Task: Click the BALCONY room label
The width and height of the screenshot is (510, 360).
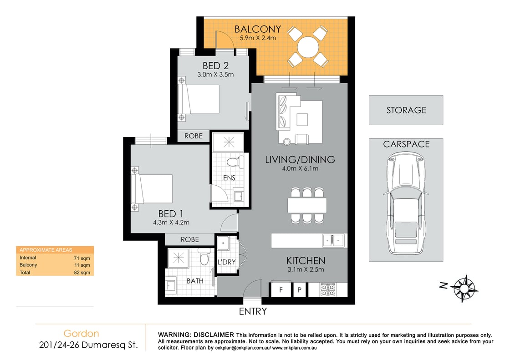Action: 258,30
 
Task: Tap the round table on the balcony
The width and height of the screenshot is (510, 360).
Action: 308,46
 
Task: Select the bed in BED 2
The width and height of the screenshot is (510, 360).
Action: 199,100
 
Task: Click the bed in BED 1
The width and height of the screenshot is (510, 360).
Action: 153,188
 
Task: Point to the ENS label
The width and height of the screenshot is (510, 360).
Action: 229,178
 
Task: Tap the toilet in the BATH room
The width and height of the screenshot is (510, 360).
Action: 204,259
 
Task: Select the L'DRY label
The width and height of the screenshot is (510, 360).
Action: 226,263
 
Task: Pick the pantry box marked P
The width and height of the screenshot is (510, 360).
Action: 300,289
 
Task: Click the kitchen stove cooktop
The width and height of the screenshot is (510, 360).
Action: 328,289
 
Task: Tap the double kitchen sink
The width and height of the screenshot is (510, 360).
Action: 333,240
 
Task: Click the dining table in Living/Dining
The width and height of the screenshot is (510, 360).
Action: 307,206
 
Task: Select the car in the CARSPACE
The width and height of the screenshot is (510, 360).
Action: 405,204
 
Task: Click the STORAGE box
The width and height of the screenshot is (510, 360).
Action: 406,110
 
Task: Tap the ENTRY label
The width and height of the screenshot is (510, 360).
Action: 253,312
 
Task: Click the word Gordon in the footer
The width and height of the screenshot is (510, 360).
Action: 81,334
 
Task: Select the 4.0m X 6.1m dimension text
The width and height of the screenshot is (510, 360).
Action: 301,169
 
